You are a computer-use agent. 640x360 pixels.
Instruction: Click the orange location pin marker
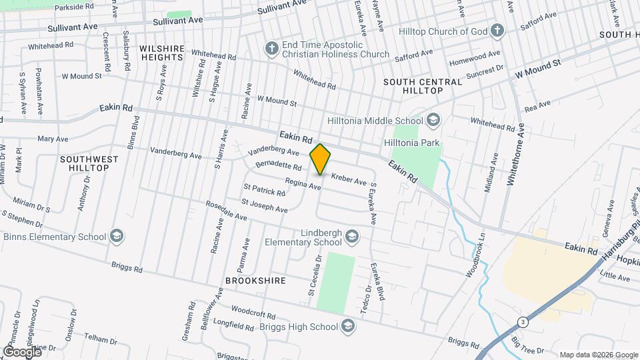pyautogui.click(x=321, y=159)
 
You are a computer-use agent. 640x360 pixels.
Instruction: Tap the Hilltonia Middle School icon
pyautogui.click(x=433, y=121)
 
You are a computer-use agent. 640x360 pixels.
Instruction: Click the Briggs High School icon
pyautogui.click(x=347, y=326)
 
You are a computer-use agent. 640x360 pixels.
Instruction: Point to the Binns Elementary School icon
pyautogui.click(x=117, y=236)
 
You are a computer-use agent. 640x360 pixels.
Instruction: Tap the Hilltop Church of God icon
pyautogui.click(x=497, y=31)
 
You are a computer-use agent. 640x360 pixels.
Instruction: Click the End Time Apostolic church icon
pyautogui.click(x=271, y=49)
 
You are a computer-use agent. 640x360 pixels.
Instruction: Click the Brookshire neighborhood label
pyautogui.click(x=255, y=281)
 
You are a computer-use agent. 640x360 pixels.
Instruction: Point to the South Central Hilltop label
pyautogui.click(x=423, y=86)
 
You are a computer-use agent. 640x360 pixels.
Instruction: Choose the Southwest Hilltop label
pyautogui.click(x=89, y=163)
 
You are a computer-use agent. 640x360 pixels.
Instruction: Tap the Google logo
pyautogui.click(x=22, y=351)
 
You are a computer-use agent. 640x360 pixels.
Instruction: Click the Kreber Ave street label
pyautogui.click(x=349, y=181)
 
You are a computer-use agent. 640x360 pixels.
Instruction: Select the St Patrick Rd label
pyautogui.click(x=265, y=191)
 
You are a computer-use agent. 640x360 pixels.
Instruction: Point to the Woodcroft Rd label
pyautogui.click(x=253, y=313)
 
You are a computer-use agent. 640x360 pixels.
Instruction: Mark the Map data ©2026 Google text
pyautogui.click(x=598, y=355)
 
